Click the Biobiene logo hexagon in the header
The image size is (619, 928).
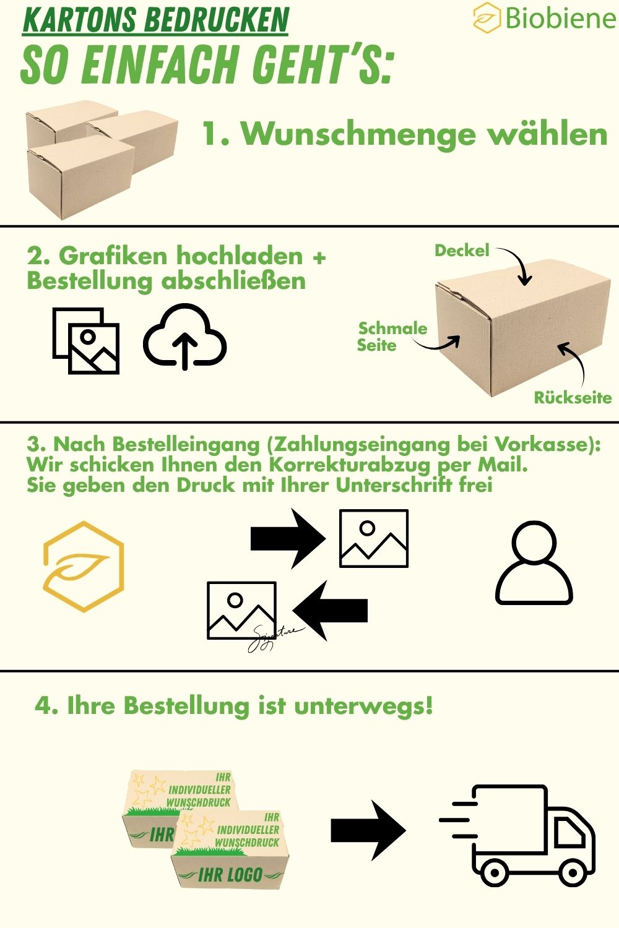point(487,17)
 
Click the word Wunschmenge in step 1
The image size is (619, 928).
point(359,135)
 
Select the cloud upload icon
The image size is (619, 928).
point(184,337)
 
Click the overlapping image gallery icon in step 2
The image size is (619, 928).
point(86,340)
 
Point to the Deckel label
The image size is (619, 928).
point(462,250)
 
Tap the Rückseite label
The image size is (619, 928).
point(573,398)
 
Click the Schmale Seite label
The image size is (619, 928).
point(392,337)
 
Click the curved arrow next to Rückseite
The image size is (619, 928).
point(579,361)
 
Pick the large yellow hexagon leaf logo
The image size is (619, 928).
point(84,566)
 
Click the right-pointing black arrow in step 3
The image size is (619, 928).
point(288,539)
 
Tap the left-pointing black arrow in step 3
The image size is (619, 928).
point(330,611)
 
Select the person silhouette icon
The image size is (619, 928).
point(534,563)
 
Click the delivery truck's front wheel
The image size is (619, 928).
point(573,871)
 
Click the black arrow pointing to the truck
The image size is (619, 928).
point(368,831)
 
